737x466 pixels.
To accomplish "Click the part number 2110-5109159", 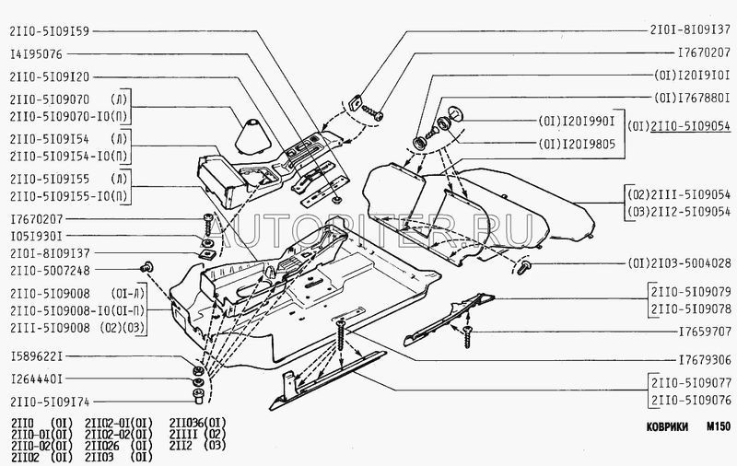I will (48, 30).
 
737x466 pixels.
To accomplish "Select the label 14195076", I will (35, 54).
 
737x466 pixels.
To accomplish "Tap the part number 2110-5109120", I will (48, 77).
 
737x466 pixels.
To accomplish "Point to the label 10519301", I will (35, 238).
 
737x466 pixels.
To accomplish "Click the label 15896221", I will (35, 355).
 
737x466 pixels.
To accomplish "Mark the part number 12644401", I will (35, 379).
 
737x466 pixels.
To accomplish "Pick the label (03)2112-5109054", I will (678, 211).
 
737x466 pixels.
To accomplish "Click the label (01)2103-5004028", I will (678, 263).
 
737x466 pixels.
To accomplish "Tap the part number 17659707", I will (704, 329).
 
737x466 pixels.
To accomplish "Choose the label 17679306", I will (704, 360).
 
